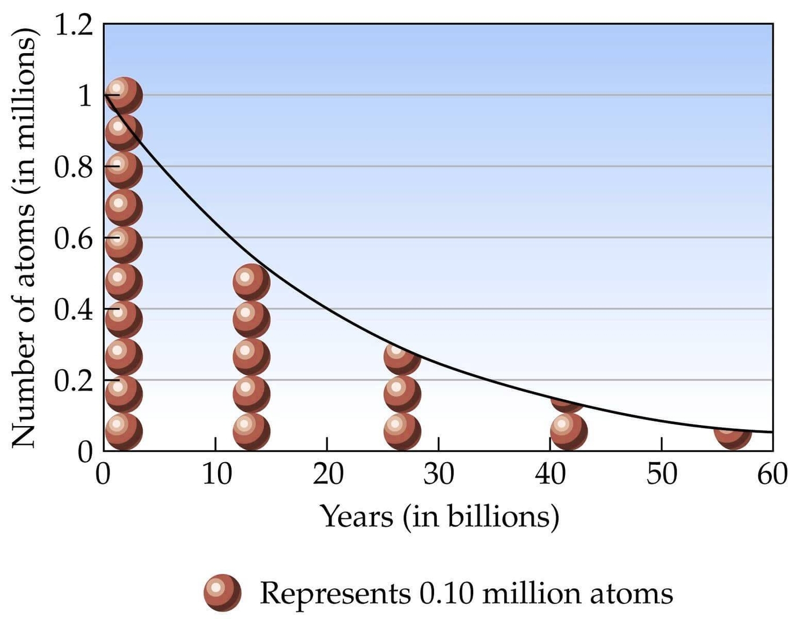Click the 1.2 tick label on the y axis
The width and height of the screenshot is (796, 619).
(74, 25)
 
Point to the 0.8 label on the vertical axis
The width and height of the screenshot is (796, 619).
(74, 168)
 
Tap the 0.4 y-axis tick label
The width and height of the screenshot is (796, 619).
(74, 310)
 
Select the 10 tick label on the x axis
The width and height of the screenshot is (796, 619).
(216, 474)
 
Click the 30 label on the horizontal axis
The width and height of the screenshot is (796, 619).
(438, 474)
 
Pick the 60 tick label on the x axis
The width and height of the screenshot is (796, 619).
(772, 474)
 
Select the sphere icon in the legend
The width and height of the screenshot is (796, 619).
(222, 593)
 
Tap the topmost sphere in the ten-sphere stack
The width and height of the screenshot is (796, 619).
(124, 95)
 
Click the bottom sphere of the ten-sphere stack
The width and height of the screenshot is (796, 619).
(124, 431)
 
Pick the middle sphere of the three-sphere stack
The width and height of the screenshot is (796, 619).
(402, 394)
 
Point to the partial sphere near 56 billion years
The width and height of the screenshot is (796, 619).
(733, 436)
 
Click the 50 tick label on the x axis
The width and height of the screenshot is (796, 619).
(661, 474)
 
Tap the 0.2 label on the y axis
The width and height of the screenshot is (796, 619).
(74, 381)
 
